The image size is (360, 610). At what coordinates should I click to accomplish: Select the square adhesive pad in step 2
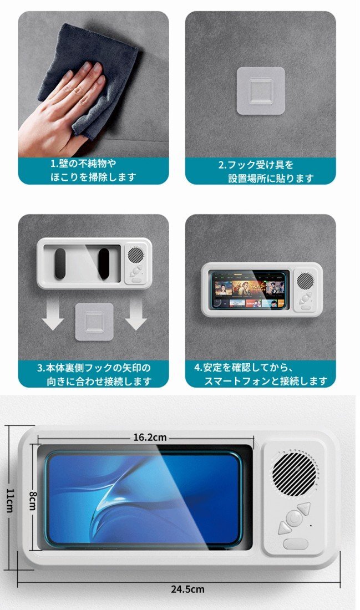[261, 91]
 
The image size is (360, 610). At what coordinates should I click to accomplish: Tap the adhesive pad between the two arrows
[94, 322]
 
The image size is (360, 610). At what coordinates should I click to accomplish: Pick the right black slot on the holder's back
[104, 263]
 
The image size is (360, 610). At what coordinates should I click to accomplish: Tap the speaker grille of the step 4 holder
[304, 280]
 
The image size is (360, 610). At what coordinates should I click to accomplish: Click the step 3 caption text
[94, 374]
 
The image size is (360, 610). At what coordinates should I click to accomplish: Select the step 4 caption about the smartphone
[261, 374]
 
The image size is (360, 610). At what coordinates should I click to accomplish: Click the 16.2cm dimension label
[150, 437]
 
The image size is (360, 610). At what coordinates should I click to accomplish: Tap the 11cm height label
[10, 500]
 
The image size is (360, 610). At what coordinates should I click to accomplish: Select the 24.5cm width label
[187, 589]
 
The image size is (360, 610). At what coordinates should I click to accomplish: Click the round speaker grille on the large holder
[295, 474]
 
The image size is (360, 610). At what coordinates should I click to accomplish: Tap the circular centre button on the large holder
[295, 517]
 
